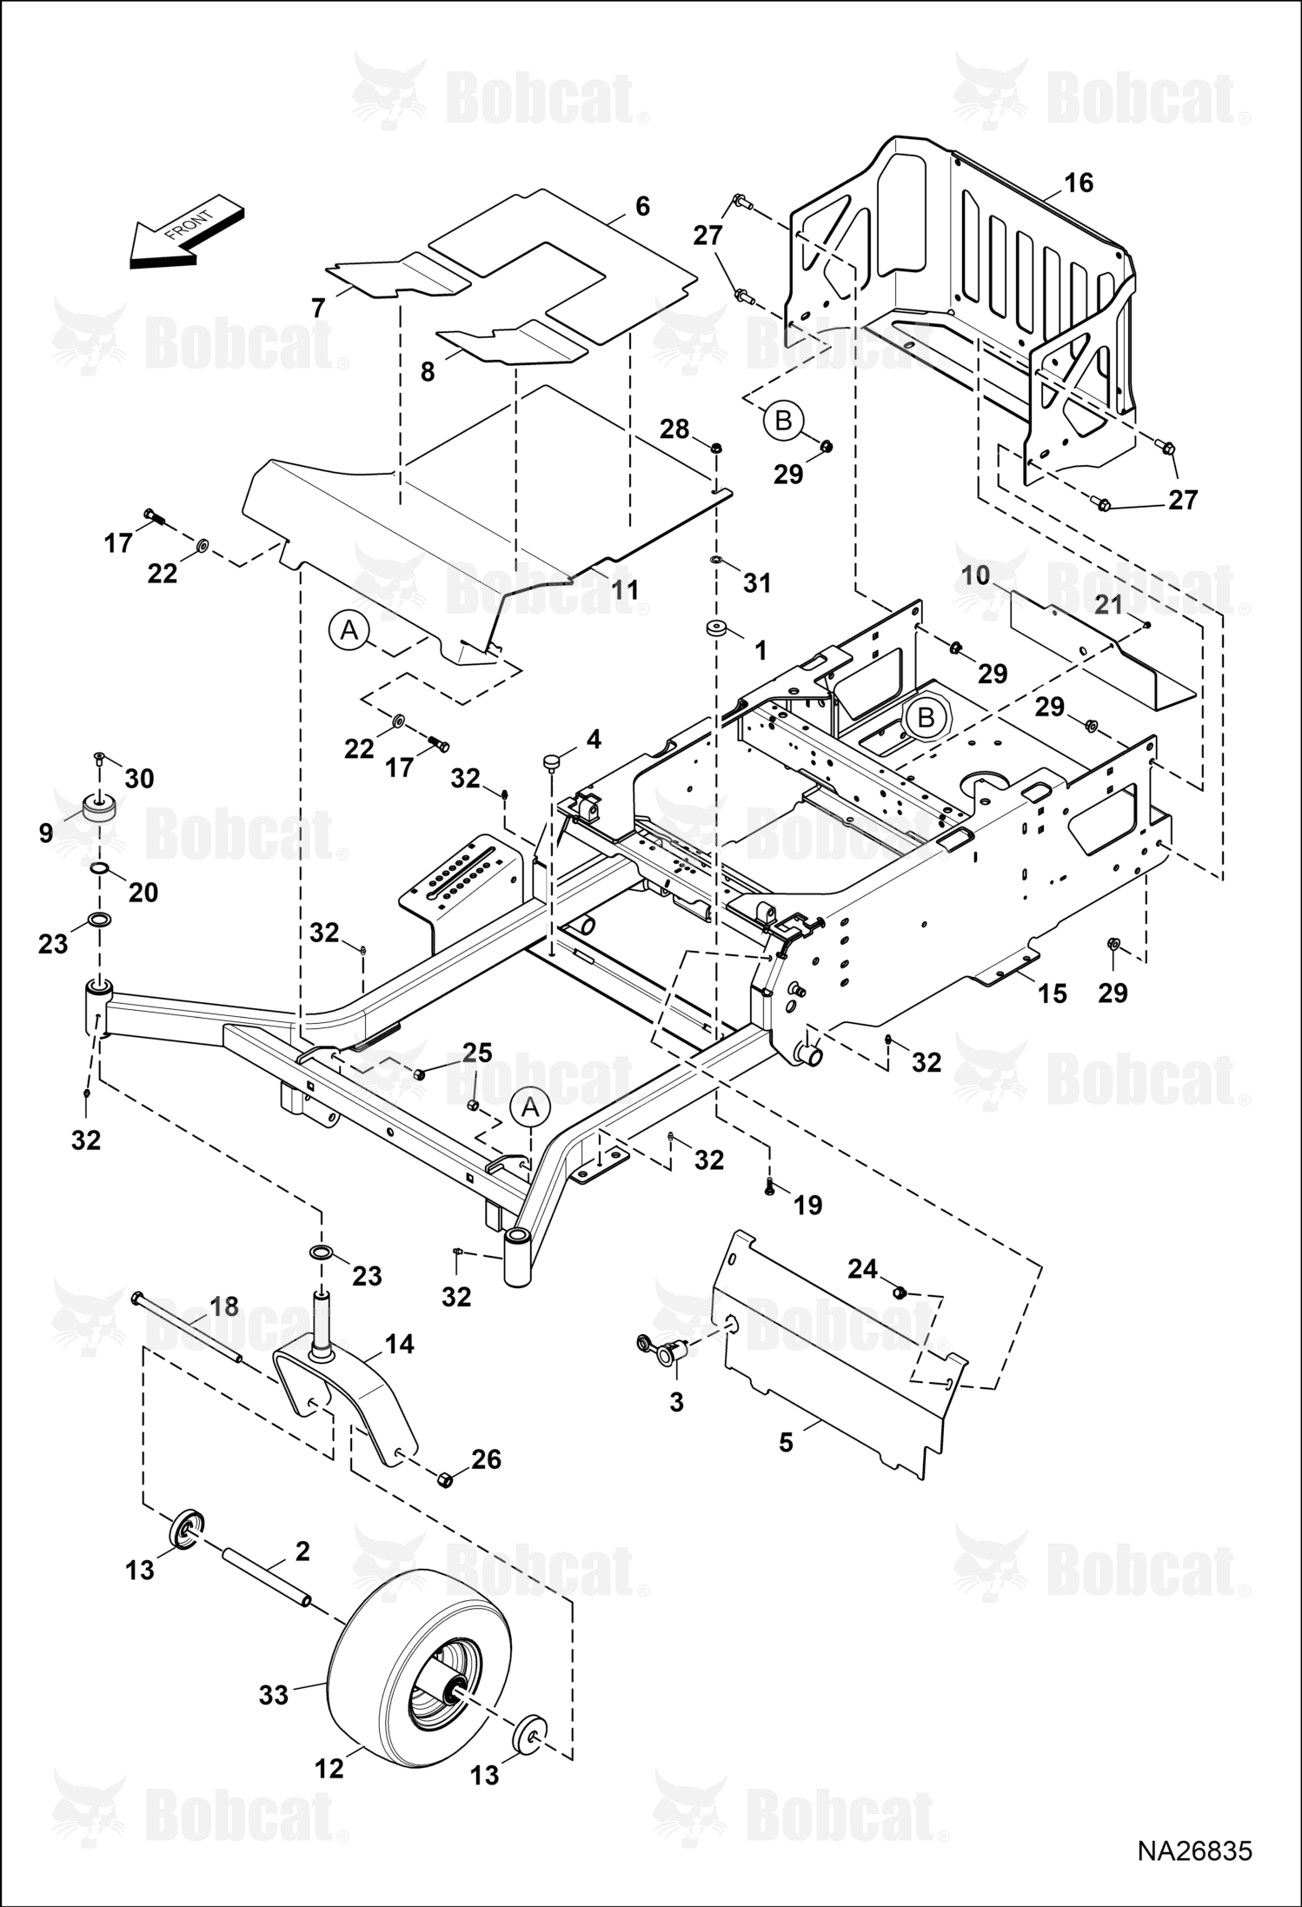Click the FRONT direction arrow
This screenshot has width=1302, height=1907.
(187, 235)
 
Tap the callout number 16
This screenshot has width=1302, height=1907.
(1078, 183)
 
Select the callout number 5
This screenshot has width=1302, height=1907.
(786, 1443)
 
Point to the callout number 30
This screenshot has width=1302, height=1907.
(139, 779)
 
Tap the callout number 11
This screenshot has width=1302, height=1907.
(624, 589)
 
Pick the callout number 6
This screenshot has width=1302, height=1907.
(642, 206)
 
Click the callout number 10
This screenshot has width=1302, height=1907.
(977, 575)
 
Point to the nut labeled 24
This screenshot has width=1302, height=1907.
(900, 1292)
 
